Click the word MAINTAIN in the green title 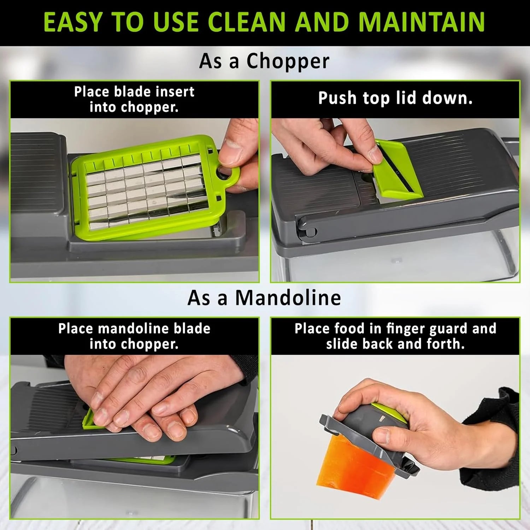pos(422,22)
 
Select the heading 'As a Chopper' pos(264,61)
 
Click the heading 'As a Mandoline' pos(264,298)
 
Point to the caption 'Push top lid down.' pos(395,98)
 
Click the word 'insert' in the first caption pos(175,92)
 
